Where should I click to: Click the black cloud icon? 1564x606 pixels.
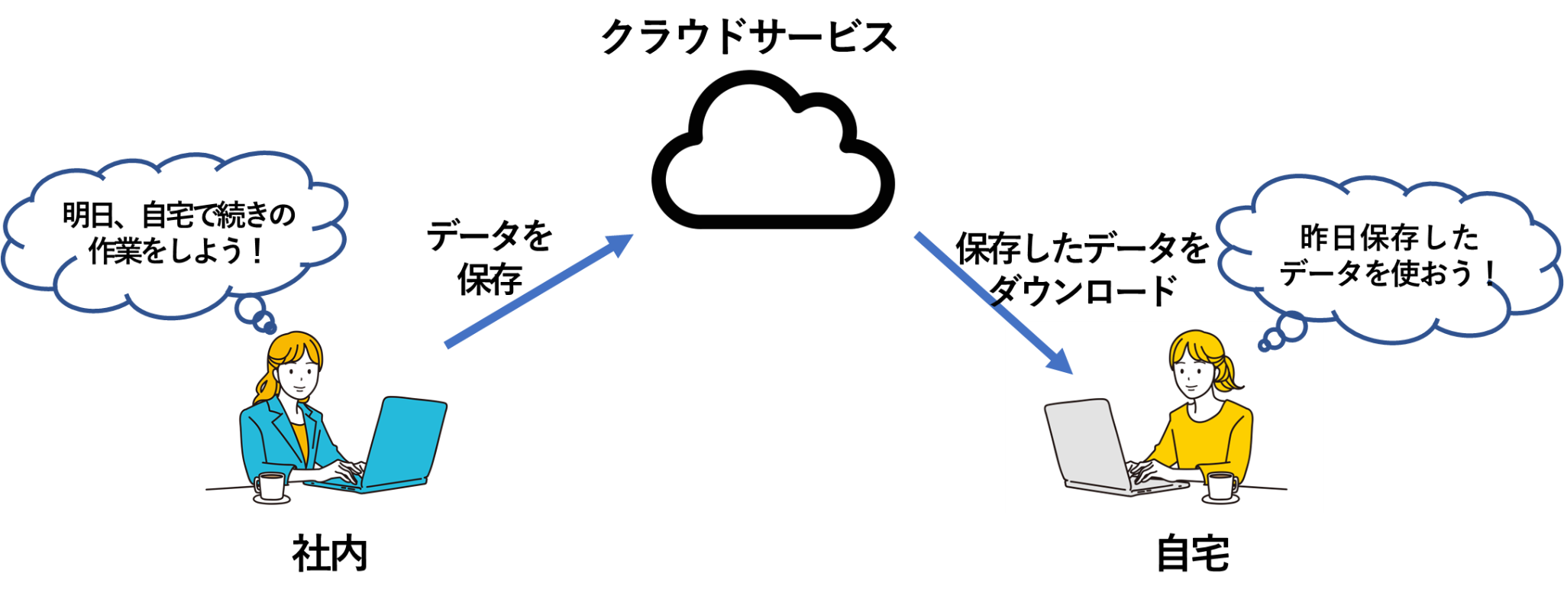pos(773,153)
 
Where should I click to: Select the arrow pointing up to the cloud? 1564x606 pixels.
pos(539,291)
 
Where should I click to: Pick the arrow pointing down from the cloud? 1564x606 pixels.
pos(993,303)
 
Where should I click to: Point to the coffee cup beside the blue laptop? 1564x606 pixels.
pos(270,487)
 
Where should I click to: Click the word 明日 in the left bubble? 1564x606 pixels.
pos(88,216)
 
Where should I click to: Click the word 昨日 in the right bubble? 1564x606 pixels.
pos(1326,238)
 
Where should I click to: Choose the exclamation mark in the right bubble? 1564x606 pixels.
pos(1490,274)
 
